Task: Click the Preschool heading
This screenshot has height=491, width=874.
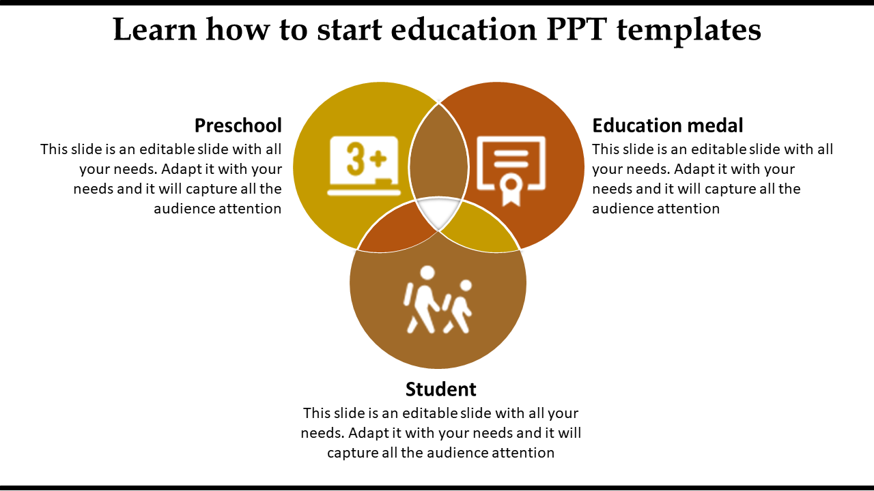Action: (x=238, y=125)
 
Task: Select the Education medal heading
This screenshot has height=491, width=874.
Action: (x=667, y=125)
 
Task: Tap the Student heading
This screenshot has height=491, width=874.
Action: (x=440, y=389)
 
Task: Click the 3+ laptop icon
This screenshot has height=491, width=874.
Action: (x=363, y=166)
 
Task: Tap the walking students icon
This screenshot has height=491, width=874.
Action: (x=438, y=300)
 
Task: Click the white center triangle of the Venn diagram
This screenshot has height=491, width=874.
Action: (x=438, y=211)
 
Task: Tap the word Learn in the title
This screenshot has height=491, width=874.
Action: (x=155, y=30)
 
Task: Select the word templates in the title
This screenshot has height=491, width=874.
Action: (x=692, y=30)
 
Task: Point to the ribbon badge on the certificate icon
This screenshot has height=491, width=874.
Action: (x=511, y=188)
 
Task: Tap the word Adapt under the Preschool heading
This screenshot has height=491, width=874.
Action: (x=182, y=169)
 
